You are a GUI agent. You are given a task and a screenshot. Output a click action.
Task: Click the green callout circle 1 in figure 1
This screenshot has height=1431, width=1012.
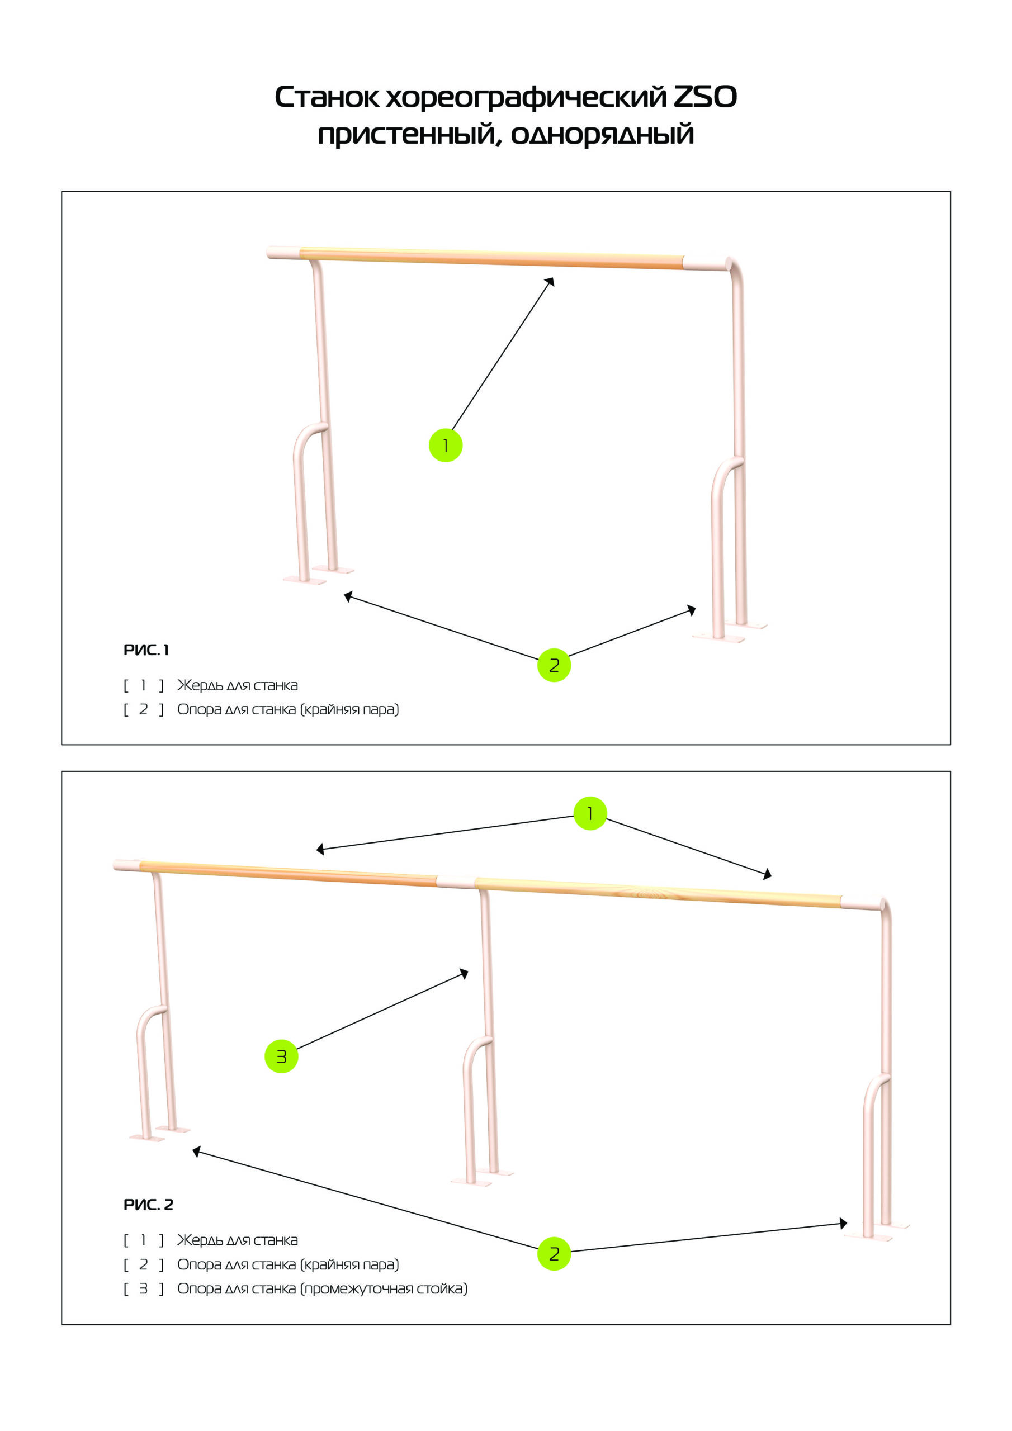point(445,445)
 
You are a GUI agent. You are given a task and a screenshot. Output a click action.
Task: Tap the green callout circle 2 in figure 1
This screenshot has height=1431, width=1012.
point(554,665)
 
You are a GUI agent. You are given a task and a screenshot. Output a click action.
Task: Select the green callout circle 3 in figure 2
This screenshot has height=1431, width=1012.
point(281,1056)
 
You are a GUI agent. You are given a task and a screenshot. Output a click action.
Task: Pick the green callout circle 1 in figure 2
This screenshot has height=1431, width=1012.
point(590,813)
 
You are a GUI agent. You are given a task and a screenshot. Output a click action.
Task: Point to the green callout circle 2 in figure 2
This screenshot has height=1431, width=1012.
point(554,1253)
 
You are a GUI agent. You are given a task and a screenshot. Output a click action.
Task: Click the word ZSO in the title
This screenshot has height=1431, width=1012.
point(705,97)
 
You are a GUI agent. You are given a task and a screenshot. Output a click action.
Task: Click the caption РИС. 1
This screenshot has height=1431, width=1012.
point(146,650)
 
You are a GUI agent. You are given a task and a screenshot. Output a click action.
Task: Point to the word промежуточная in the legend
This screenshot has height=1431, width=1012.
point(358,1289)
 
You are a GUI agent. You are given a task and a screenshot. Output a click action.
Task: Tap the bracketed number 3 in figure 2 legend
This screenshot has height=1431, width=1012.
point(144,1289)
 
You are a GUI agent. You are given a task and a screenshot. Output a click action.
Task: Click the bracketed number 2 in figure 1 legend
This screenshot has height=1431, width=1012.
point(144,709)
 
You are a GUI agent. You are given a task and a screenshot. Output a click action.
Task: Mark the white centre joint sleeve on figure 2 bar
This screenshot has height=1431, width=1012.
point(455,882)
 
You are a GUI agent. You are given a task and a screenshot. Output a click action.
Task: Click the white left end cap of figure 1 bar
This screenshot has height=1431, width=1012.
point(283,253)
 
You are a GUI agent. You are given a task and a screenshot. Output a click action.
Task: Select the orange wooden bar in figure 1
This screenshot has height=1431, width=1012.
point(491,259)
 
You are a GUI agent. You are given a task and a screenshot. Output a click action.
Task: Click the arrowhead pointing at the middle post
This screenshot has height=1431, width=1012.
point(464,973)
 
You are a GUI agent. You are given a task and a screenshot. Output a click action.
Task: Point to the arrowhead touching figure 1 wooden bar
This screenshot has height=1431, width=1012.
point(550,282)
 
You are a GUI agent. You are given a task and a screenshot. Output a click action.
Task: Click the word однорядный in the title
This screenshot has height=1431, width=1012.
point(602,135)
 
